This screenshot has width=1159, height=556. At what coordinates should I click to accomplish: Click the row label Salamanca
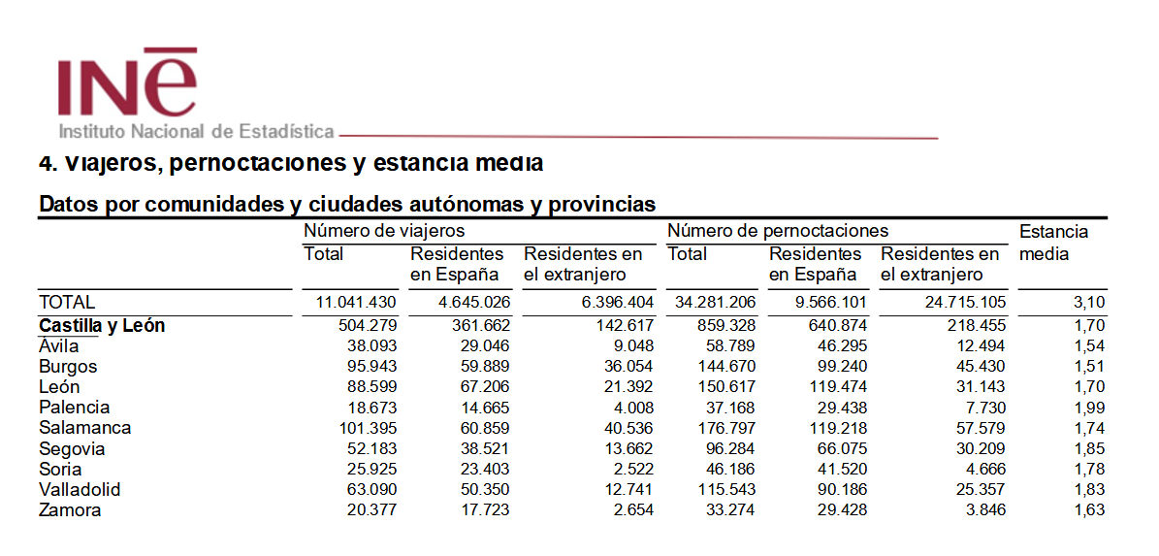(84, 428)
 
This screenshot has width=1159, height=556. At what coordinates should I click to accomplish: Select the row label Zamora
(70, 510)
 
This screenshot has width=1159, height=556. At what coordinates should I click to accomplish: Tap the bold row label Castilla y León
(102, 326)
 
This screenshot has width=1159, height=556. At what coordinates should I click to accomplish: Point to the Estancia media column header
(1053, 243)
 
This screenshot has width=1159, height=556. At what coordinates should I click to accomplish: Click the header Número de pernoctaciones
(778, 231)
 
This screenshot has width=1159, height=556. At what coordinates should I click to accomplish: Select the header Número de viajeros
(384, 231)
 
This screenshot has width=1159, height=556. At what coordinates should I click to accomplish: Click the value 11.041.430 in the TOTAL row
(357, 303)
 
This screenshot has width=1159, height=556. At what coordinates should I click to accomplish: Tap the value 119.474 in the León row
(838, 387)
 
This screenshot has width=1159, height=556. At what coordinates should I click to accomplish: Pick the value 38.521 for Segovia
(482, 449)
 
